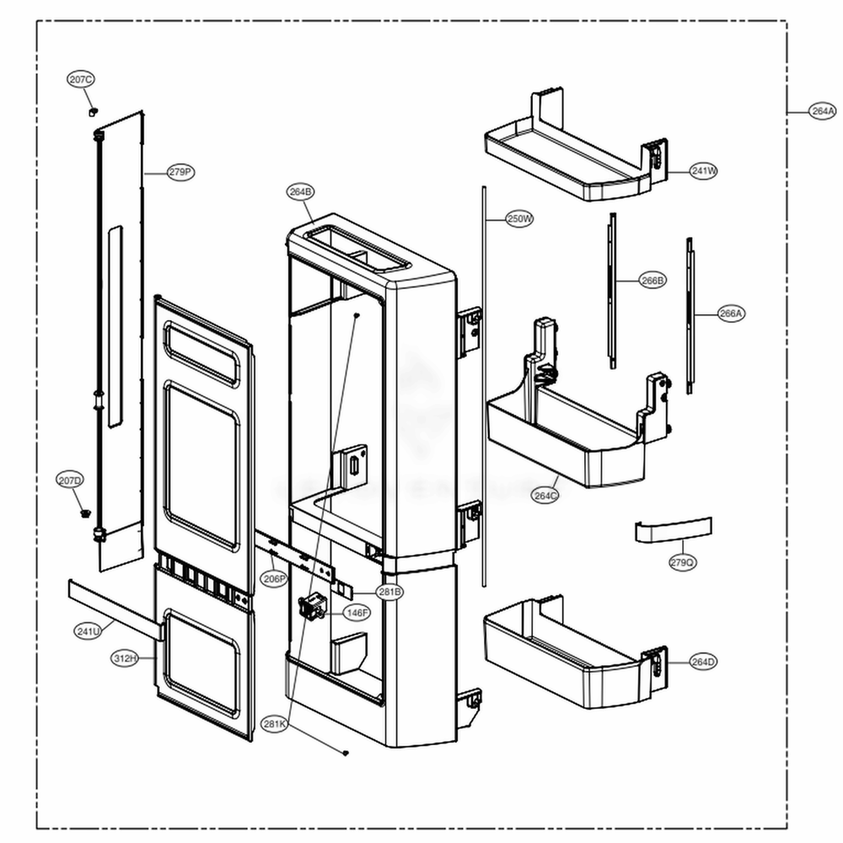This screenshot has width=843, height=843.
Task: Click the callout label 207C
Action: click(x=82, y=79)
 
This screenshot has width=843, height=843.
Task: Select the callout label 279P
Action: click(x=180, y=172)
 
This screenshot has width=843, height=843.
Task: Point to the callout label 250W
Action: click(x=520, y=219)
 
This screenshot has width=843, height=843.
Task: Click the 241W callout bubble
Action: click(x=704, y=171)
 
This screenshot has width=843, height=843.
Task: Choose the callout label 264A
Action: click(x=823, y=111)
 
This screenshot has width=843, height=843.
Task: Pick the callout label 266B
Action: click(x=652, y=281)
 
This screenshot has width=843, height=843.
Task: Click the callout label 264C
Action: click(x=545, y=496)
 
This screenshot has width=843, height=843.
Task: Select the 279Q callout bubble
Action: click(x=683, y=562)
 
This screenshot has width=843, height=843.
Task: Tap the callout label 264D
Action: click(x=703, y=662)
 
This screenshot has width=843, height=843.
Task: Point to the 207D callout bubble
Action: click(x=71, y=481)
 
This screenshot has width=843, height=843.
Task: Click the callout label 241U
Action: click(x=88, y=631)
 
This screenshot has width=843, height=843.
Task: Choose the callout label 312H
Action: click(x=125, y=658)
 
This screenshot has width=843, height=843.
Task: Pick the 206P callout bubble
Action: click(x=274, y=579)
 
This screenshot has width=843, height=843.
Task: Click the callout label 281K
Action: click(x=275, y=724)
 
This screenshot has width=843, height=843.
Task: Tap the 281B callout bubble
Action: click(x=389, y=593)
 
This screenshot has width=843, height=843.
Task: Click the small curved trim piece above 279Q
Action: click(x=673, y=531)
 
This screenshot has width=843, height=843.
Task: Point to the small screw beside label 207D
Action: click(x=84, y=513)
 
